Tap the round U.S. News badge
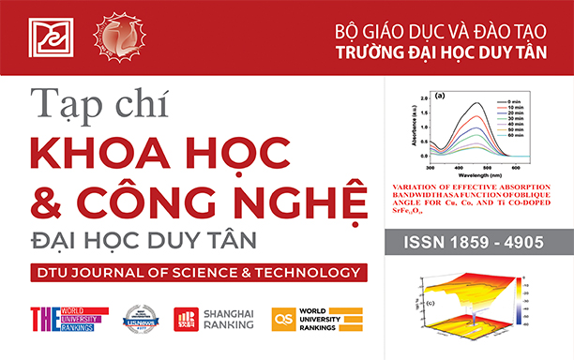click(143, 320)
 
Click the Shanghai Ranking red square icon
click(186, 320)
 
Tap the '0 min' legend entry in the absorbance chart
click(507, 99)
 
